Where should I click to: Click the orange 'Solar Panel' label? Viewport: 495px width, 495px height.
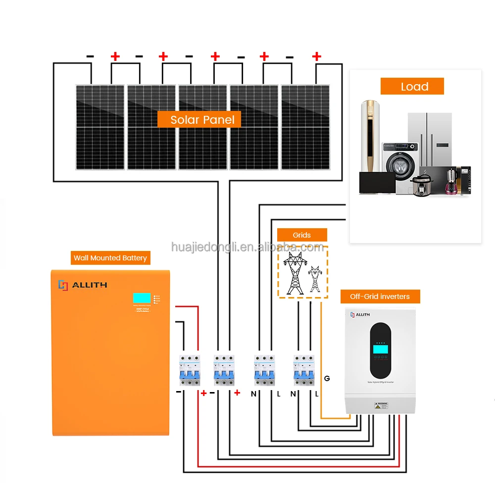tap(199, 119)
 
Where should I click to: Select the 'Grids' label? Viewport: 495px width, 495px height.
tap(301, 235)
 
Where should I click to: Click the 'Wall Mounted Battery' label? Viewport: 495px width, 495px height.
tap(110, 258)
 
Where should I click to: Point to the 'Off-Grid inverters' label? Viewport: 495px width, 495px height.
tap(380, 297)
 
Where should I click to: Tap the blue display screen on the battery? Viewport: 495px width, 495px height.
tap(141, 298)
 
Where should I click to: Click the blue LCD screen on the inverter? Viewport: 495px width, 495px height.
tap(380, 349)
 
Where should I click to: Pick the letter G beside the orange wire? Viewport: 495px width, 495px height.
tap(327, 379)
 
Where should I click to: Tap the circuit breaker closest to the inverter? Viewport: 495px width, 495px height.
tap(304, 370)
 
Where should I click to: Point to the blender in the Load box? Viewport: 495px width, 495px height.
tap(451, 181)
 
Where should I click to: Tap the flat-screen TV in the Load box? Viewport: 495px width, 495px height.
tap(377, 183)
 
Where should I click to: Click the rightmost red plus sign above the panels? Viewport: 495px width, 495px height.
tap(317, 56)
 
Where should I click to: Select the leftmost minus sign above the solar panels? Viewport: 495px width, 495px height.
tap(90, 56)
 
